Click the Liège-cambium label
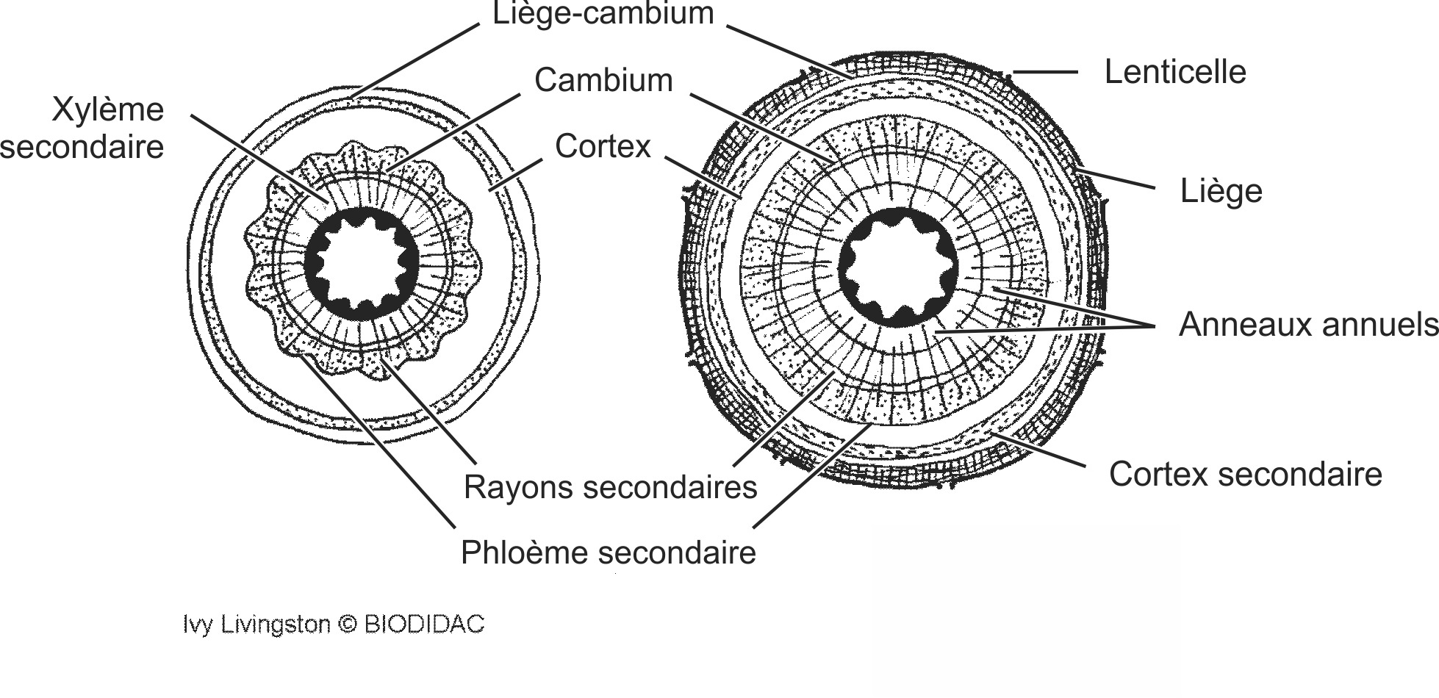click(603, 13)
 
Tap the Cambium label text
click(603, 80)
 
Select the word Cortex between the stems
click(603, 146)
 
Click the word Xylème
click(108, 110)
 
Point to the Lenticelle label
click(1174, 72)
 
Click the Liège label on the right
click(1221, 191)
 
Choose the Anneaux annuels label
click(1307, 324)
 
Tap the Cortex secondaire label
click(1245, 474)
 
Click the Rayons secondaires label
click(610, 487)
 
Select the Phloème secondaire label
click(608, 553)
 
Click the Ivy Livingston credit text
click(256, 625)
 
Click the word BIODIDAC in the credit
click(424, 625)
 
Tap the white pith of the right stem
click(898, 268)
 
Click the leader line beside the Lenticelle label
click(1047, 72)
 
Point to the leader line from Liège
click(1117, 180)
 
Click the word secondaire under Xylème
click(82, 147)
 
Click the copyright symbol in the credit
click(348, 625)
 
